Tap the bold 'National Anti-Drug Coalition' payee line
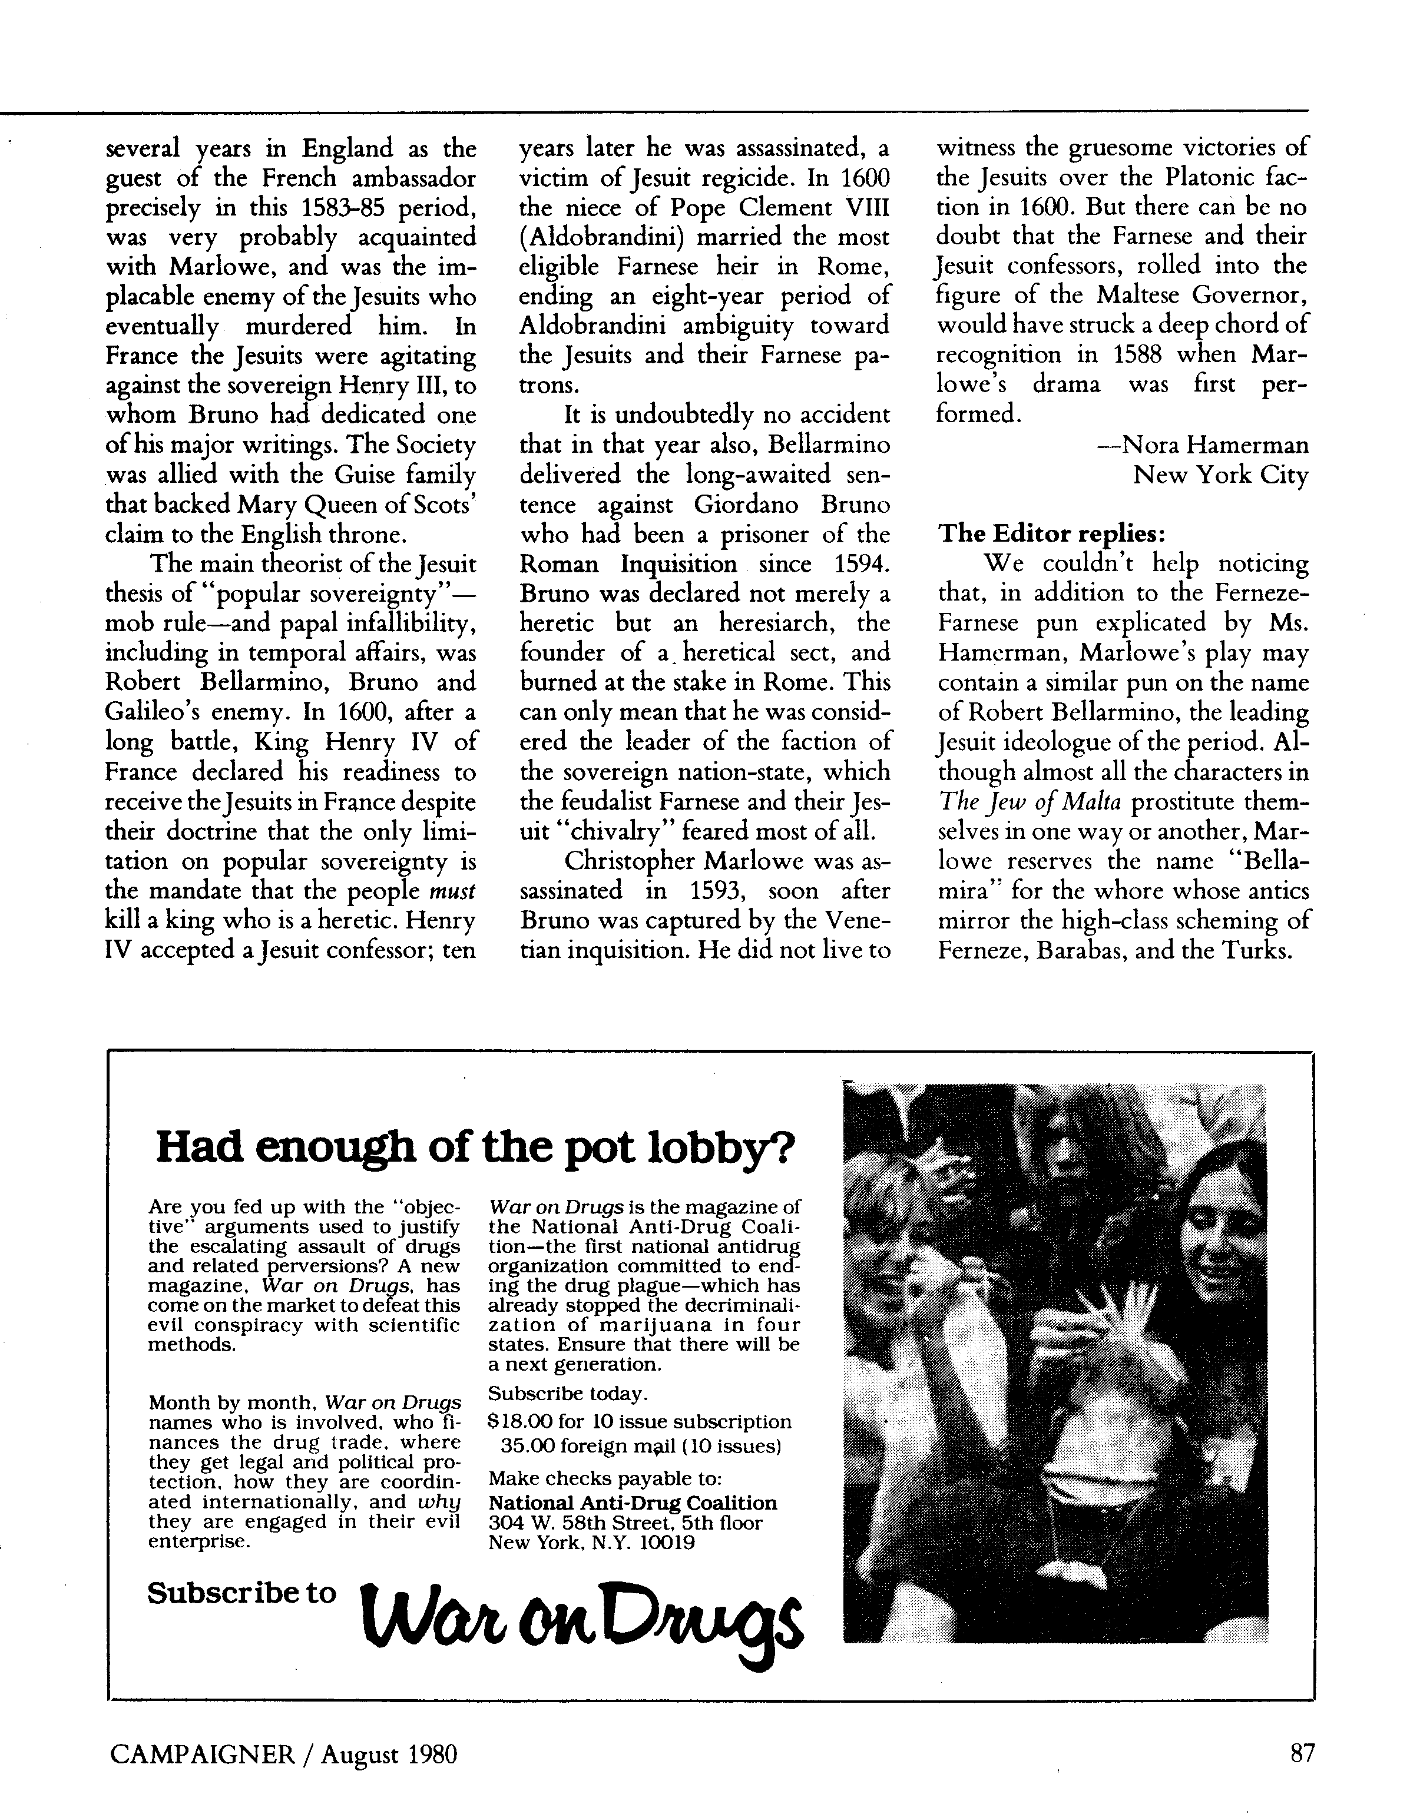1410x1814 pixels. tap(633, 1503)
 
